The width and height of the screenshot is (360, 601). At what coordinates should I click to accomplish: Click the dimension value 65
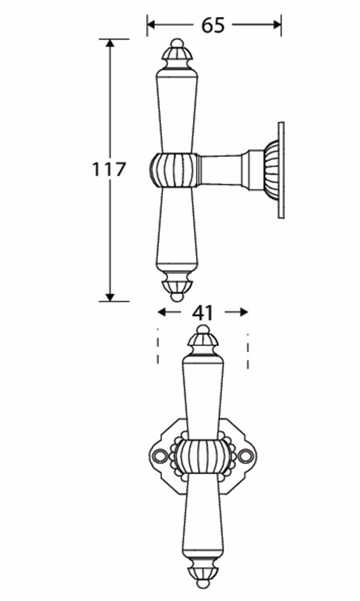coord(213,25)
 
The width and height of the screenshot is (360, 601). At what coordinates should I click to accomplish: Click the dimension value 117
coord(109,169)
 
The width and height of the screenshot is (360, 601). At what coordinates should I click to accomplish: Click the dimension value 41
coord(203,313)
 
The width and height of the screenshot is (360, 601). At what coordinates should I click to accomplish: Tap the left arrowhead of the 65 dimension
coord(151,25)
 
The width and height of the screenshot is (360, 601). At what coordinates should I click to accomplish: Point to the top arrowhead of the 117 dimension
coord(110,43)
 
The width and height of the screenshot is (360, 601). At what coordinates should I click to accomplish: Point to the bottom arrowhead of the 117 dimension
coord(110,297)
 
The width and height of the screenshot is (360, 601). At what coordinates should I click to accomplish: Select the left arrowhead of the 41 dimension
coord(162,313)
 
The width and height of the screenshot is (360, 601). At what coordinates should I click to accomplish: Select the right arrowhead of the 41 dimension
coord(243,313)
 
